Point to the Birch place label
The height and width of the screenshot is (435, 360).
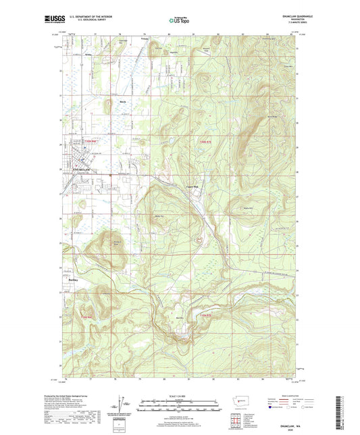[x=123, y=102]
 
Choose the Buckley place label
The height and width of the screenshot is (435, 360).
[x=74, y=278]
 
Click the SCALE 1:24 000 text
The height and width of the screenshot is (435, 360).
[x=180, y=395]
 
